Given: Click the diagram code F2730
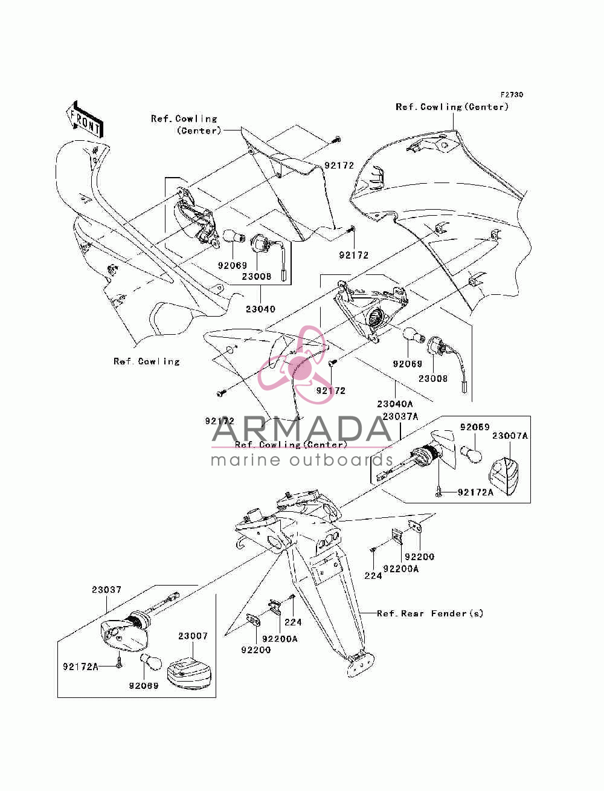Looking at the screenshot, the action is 512,95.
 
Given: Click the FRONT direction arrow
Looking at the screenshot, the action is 85,120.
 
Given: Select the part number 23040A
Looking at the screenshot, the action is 395,404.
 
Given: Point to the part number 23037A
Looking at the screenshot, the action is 400,416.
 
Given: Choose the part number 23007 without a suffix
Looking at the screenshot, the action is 193,636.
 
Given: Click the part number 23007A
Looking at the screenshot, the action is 510,436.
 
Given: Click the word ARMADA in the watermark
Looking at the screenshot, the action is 301,429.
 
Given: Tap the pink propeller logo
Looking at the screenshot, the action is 295,365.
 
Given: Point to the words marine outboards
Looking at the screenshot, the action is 301,460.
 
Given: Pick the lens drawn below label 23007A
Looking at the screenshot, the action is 504,476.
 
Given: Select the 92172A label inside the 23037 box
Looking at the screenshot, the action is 80,667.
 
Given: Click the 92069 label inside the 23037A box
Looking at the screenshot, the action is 475,427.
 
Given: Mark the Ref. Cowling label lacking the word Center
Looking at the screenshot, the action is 146,361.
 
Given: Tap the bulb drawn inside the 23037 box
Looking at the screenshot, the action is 150,662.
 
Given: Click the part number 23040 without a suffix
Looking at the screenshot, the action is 260,309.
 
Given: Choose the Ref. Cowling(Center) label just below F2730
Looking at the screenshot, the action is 452,107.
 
